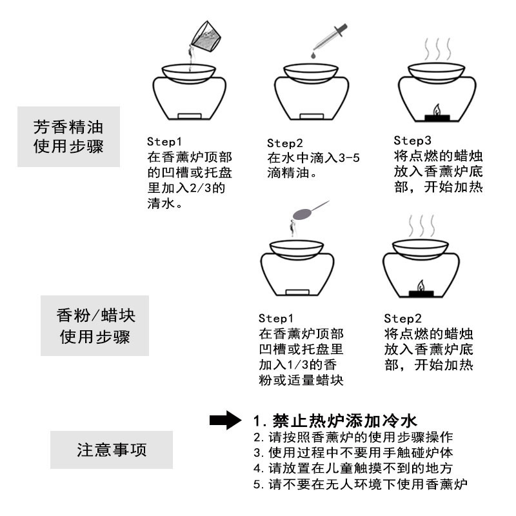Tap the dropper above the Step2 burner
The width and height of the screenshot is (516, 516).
click(x=331, y=38)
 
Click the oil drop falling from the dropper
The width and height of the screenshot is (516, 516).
click(x=312, y=57)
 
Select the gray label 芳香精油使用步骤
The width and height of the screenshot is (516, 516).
click(x=68, y=136)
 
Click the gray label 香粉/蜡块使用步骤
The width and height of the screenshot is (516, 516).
click(x=95, y=326)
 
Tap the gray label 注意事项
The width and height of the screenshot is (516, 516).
click(x=112, y=449)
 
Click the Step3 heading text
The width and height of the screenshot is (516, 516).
click(x=412, y=141)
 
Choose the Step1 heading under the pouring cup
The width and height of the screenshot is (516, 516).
click(x=166, y=141)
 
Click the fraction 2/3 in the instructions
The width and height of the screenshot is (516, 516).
click(x=208, y=189)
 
